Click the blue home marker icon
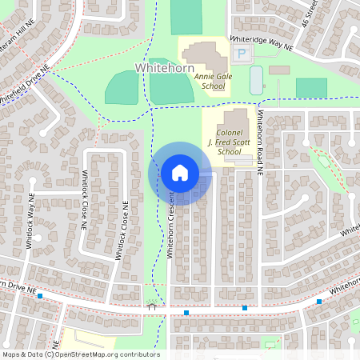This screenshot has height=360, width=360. click(x=179, y=173)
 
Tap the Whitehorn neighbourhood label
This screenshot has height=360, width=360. click(x=165, y=69)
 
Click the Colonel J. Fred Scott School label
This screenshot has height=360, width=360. click(x=228, y=140)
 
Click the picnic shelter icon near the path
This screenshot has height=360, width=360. click(x=150, y=305)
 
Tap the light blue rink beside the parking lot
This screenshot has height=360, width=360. click(x=256, y=80)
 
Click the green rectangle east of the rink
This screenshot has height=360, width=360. click(x=311, y=87)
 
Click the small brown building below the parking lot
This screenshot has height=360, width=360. click(x=279, y=70)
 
